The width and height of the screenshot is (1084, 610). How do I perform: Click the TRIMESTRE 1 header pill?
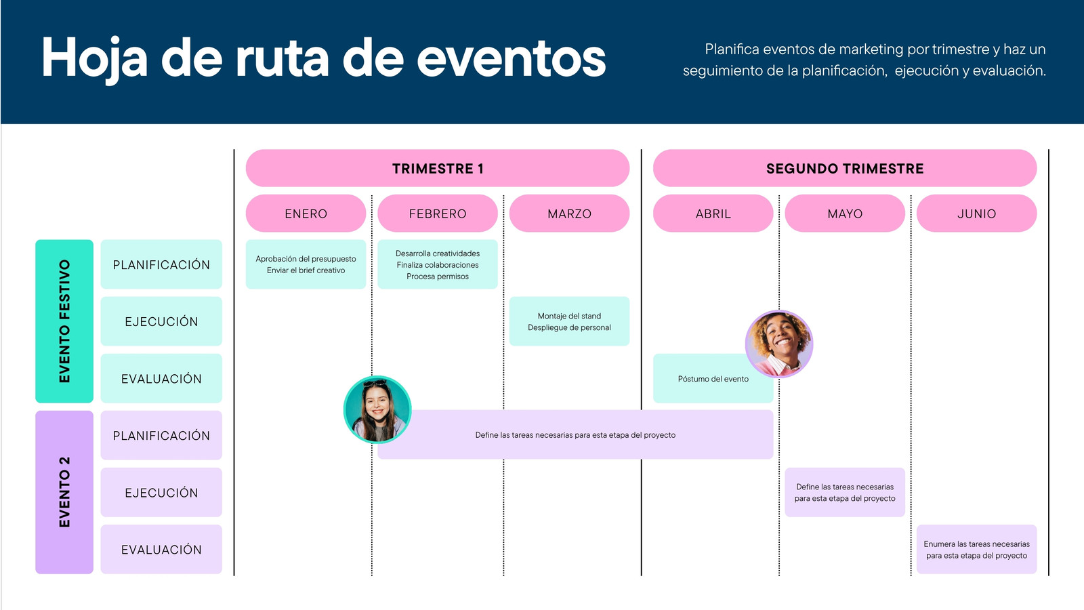point(438,168)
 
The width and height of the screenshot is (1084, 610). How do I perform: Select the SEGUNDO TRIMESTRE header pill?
point(845,168)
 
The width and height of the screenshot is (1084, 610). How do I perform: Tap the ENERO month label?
point(306,213)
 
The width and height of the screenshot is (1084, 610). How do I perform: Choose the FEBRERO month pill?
point(438,213)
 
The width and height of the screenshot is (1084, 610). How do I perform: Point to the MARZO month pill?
point(570,213)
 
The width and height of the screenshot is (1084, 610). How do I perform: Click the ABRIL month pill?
point(713,213)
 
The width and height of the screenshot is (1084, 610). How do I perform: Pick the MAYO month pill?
point(845,213)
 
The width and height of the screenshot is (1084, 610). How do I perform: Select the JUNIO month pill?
point(976,213)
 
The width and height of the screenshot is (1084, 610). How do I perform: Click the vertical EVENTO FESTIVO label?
point(64,321)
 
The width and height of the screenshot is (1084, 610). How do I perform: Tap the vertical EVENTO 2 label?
point(64,492)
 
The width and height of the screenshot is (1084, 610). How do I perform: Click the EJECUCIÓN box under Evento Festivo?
point(161,321)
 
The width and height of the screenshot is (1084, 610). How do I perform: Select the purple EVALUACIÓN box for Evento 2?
point(161,550)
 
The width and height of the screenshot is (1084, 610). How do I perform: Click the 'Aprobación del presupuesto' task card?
point(306,264)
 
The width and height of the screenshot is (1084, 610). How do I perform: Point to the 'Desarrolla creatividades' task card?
point(438,264)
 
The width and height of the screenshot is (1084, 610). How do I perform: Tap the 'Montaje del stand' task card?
point(570,321)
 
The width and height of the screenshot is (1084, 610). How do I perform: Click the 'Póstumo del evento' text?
point(713,379)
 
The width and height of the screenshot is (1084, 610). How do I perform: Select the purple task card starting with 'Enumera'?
point(976,550)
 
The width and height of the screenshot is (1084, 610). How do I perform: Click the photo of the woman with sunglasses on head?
point(377,409)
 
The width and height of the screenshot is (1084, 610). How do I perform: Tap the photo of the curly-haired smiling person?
point(779,344)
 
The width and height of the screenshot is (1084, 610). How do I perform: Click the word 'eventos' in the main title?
point(512,58)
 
